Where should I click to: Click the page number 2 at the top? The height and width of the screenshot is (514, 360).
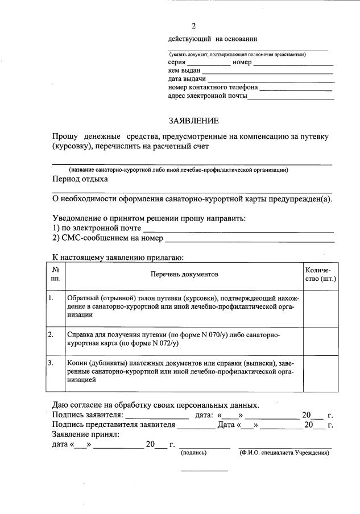tap(193, 27)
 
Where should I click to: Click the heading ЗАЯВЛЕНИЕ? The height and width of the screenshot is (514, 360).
tap(193, 121)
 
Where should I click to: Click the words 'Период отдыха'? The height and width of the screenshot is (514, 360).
tap(80, 179)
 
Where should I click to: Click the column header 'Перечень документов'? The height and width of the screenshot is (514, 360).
tap(184, 275)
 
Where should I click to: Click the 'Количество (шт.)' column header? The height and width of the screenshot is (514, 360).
tap(321, 275)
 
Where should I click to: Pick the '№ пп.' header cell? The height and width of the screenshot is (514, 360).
tap(56, 275)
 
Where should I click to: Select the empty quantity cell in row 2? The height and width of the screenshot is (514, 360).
tap(321, 340)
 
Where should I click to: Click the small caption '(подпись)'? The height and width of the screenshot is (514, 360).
tap(193, 453)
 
